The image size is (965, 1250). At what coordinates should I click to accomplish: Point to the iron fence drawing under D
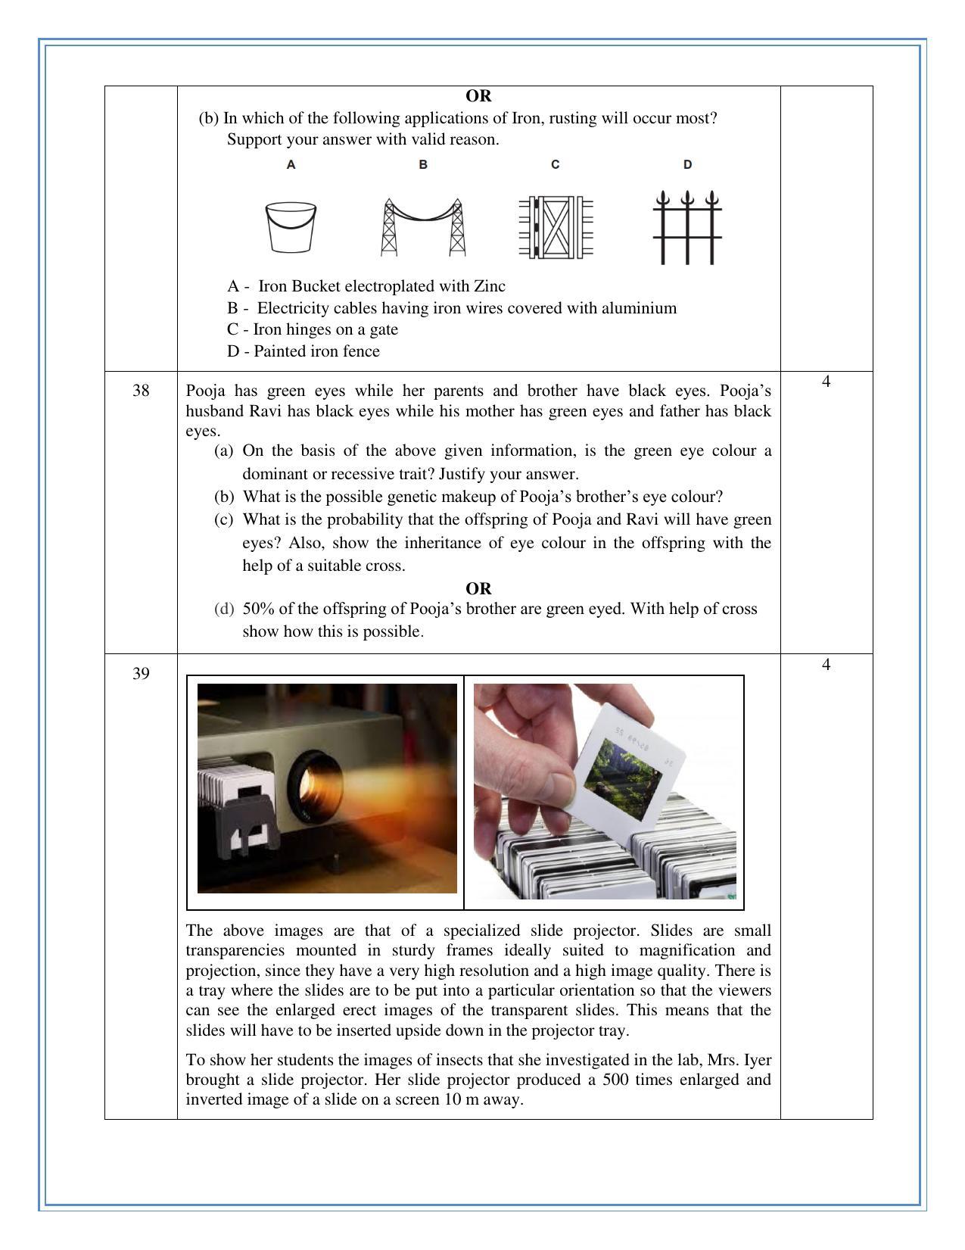tap(687, 227)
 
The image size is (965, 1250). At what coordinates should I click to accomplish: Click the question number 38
tap(141, 391)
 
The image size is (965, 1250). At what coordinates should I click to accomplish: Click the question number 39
tap(141, 674)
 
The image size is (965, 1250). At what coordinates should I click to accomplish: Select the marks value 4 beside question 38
tap(826, 382)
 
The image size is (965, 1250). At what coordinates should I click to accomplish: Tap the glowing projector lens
tap(315, 787)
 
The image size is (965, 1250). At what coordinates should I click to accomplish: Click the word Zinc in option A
tap(489, 286)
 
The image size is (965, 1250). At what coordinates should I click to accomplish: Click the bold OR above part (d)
tap(478, 588)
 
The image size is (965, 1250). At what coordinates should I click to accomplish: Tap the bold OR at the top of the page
tap(478, 96)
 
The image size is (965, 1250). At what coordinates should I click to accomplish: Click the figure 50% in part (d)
tap(258, 609)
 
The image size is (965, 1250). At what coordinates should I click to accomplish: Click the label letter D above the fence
tap(687, 164)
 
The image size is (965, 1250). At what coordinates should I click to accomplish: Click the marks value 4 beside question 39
tap(826, 665)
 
